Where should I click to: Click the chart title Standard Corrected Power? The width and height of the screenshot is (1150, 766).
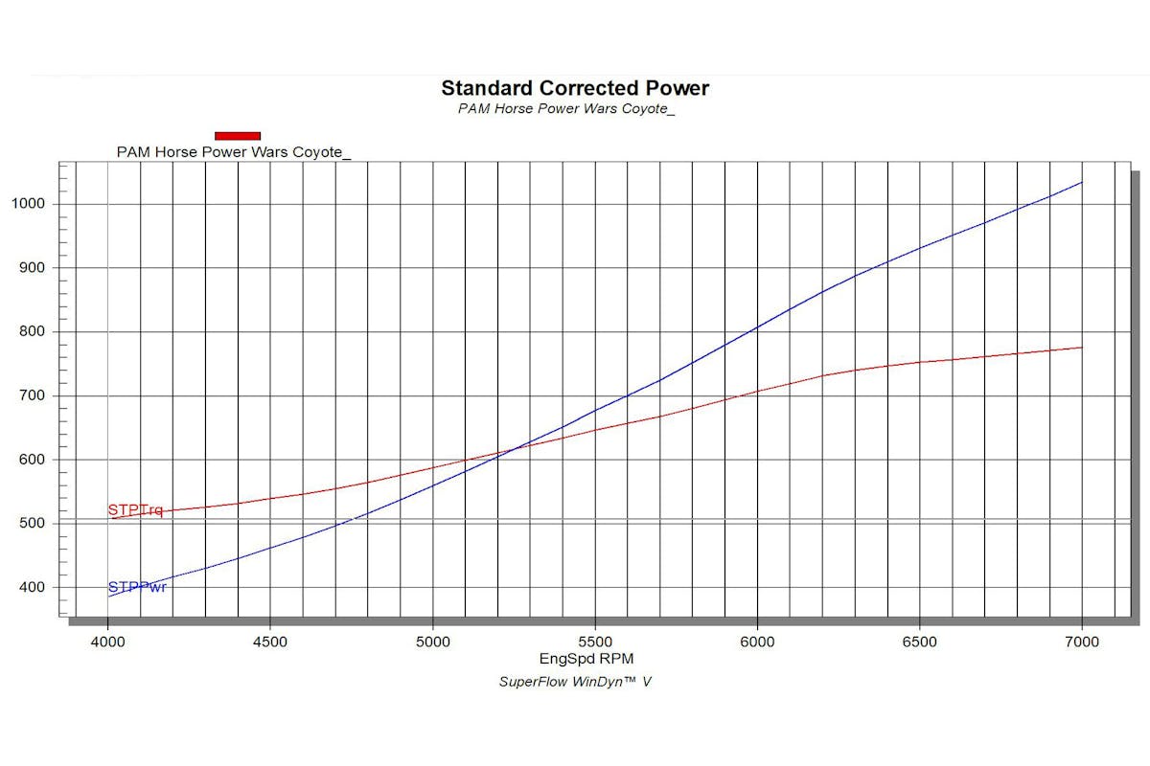pyautogui.click(x=575, y=88)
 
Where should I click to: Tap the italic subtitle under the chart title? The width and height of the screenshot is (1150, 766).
pyautogui.click(x=566, y=108)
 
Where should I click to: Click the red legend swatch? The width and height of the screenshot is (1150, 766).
pyautogui.click(x=238, y=136)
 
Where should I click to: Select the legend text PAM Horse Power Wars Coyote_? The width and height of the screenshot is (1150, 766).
pyautogui.click(x=234, y=151)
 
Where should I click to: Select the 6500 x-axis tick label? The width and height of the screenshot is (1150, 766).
pyautogui.click(x=919, y=642)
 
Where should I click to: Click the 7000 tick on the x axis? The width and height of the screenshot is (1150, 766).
pyautogui.click(x=1081, y=642)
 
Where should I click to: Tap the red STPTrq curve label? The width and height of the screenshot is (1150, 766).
pyautogui.click(x=135, y=510)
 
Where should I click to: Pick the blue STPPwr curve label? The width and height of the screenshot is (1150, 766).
pyautogui.click(x=137, y=587)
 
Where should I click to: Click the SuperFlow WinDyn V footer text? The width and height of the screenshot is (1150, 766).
pyautogui.click(x=575, y=682)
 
